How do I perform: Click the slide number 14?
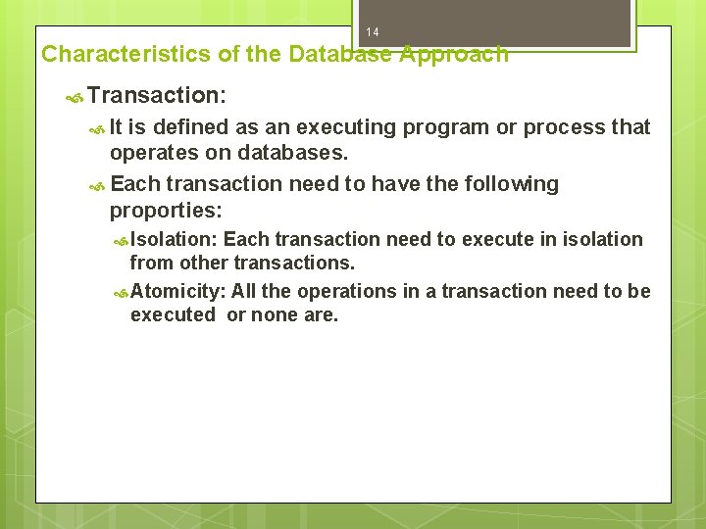click(x=372, y=33)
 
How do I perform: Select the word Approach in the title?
click(x=454, y=54)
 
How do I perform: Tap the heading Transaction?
click(x=157, y=95)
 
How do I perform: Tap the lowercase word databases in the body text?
click(x=298, y=154)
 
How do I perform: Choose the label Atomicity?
click(x=177, y=291)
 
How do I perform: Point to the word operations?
click(x=342, y=291)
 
